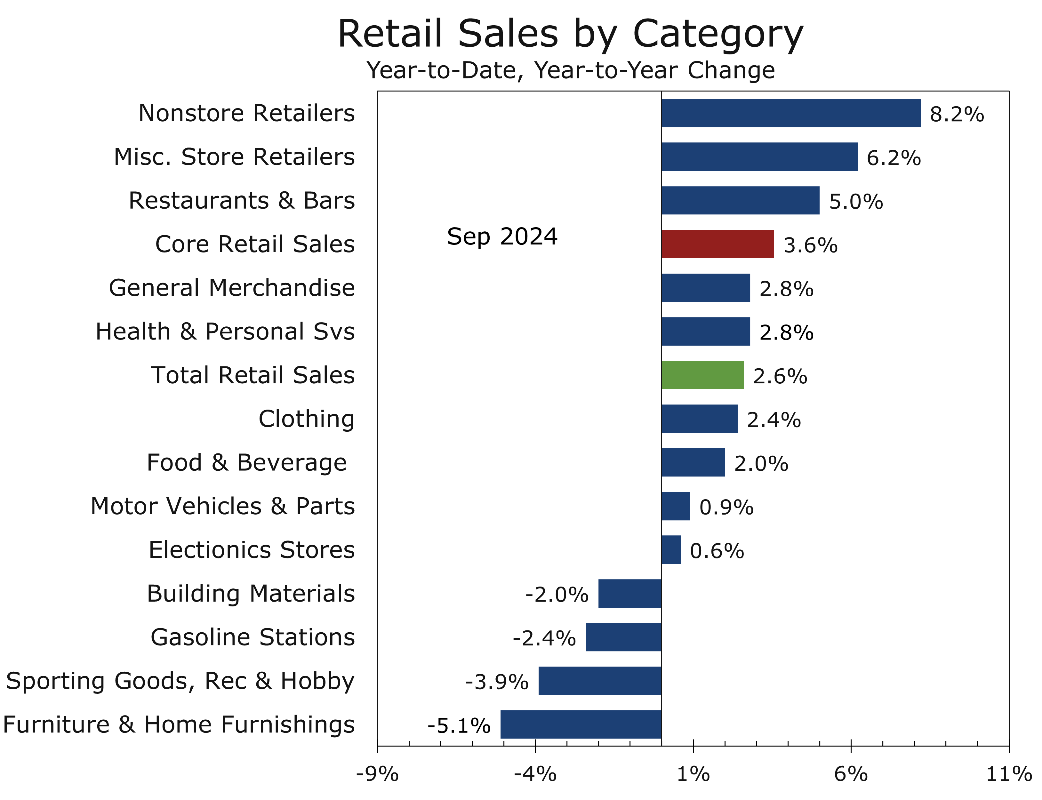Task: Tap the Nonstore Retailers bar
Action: pos(790,113)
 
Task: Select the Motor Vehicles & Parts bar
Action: pos(675,506)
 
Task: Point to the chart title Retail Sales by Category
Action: pos(570,34)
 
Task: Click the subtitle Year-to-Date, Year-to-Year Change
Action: pos(570,70)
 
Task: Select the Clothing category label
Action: pos(306,419)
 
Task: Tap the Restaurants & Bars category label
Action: pos(241,200)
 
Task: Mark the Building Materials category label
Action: pos(251,593)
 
